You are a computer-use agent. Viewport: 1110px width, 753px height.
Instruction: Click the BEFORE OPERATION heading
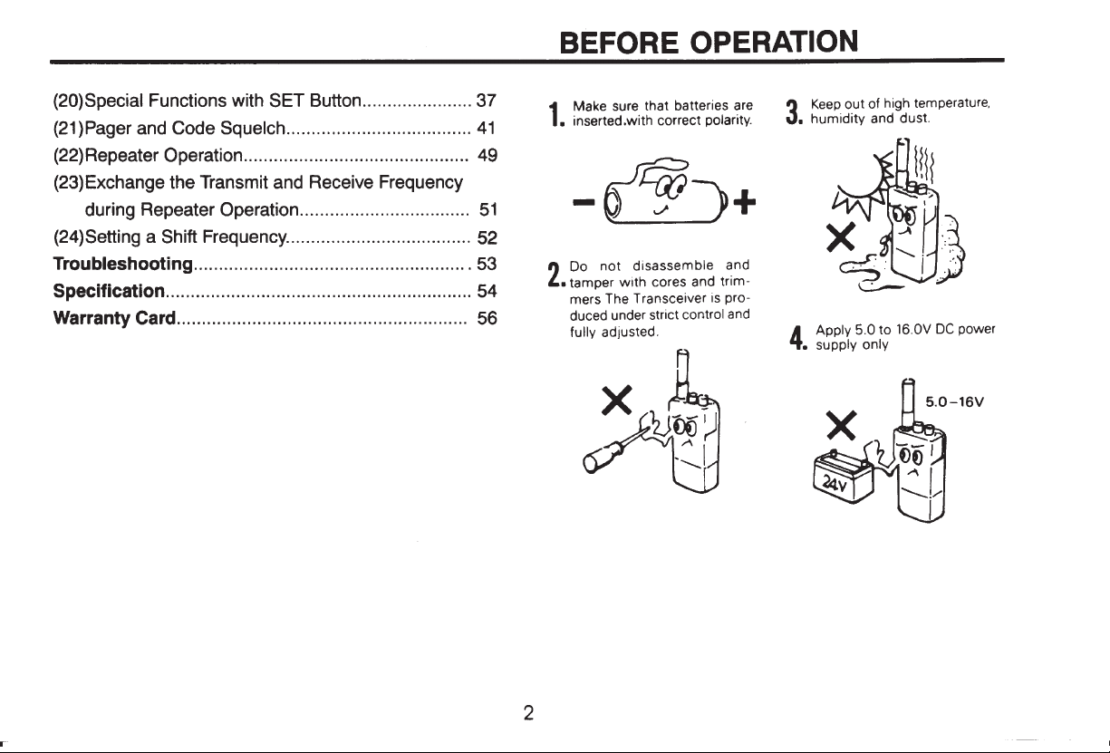pos(709,42)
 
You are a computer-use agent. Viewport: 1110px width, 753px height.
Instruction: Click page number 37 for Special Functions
pos(486,101)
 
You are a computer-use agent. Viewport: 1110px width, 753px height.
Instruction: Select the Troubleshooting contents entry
pos(123,264)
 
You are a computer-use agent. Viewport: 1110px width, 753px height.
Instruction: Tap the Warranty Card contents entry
pos(114,318)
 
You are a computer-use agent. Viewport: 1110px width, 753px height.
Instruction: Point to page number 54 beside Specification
pos(487,291)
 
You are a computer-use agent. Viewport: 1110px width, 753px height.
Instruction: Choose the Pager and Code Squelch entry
pos(169,129)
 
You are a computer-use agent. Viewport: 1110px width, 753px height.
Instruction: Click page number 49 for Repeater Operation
pos(487,156)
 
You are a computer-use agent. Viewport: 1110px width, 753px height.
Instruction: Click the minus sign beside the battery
pos(584,202)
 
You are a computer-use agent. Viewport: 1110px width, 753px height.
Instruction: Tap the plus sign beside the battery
pos(744,202)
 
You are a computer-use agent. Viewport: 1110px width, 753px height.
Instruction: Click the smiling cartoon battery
pos(665,193)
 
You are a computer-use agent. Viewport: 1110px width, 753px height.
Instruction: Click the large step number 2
pos(554,275)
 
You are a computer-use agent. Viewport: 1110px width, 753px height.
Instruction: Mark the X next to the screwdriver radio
pos(617,400)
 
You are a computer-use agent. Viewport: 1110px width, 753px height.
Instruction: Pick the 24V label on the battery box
pos(836,483)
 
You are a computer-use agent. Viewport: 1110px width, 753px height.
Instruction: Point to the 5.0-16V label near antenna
pos(954,401)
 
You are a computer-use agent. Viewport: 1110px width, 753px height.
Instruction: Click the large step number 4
pos(796,338)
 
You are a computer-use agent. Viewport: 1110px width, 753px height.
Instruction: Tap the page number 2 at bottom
pos(529,713)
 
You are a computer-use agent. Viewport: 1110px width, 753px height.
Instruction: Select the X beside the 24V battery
pos(842,425)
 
